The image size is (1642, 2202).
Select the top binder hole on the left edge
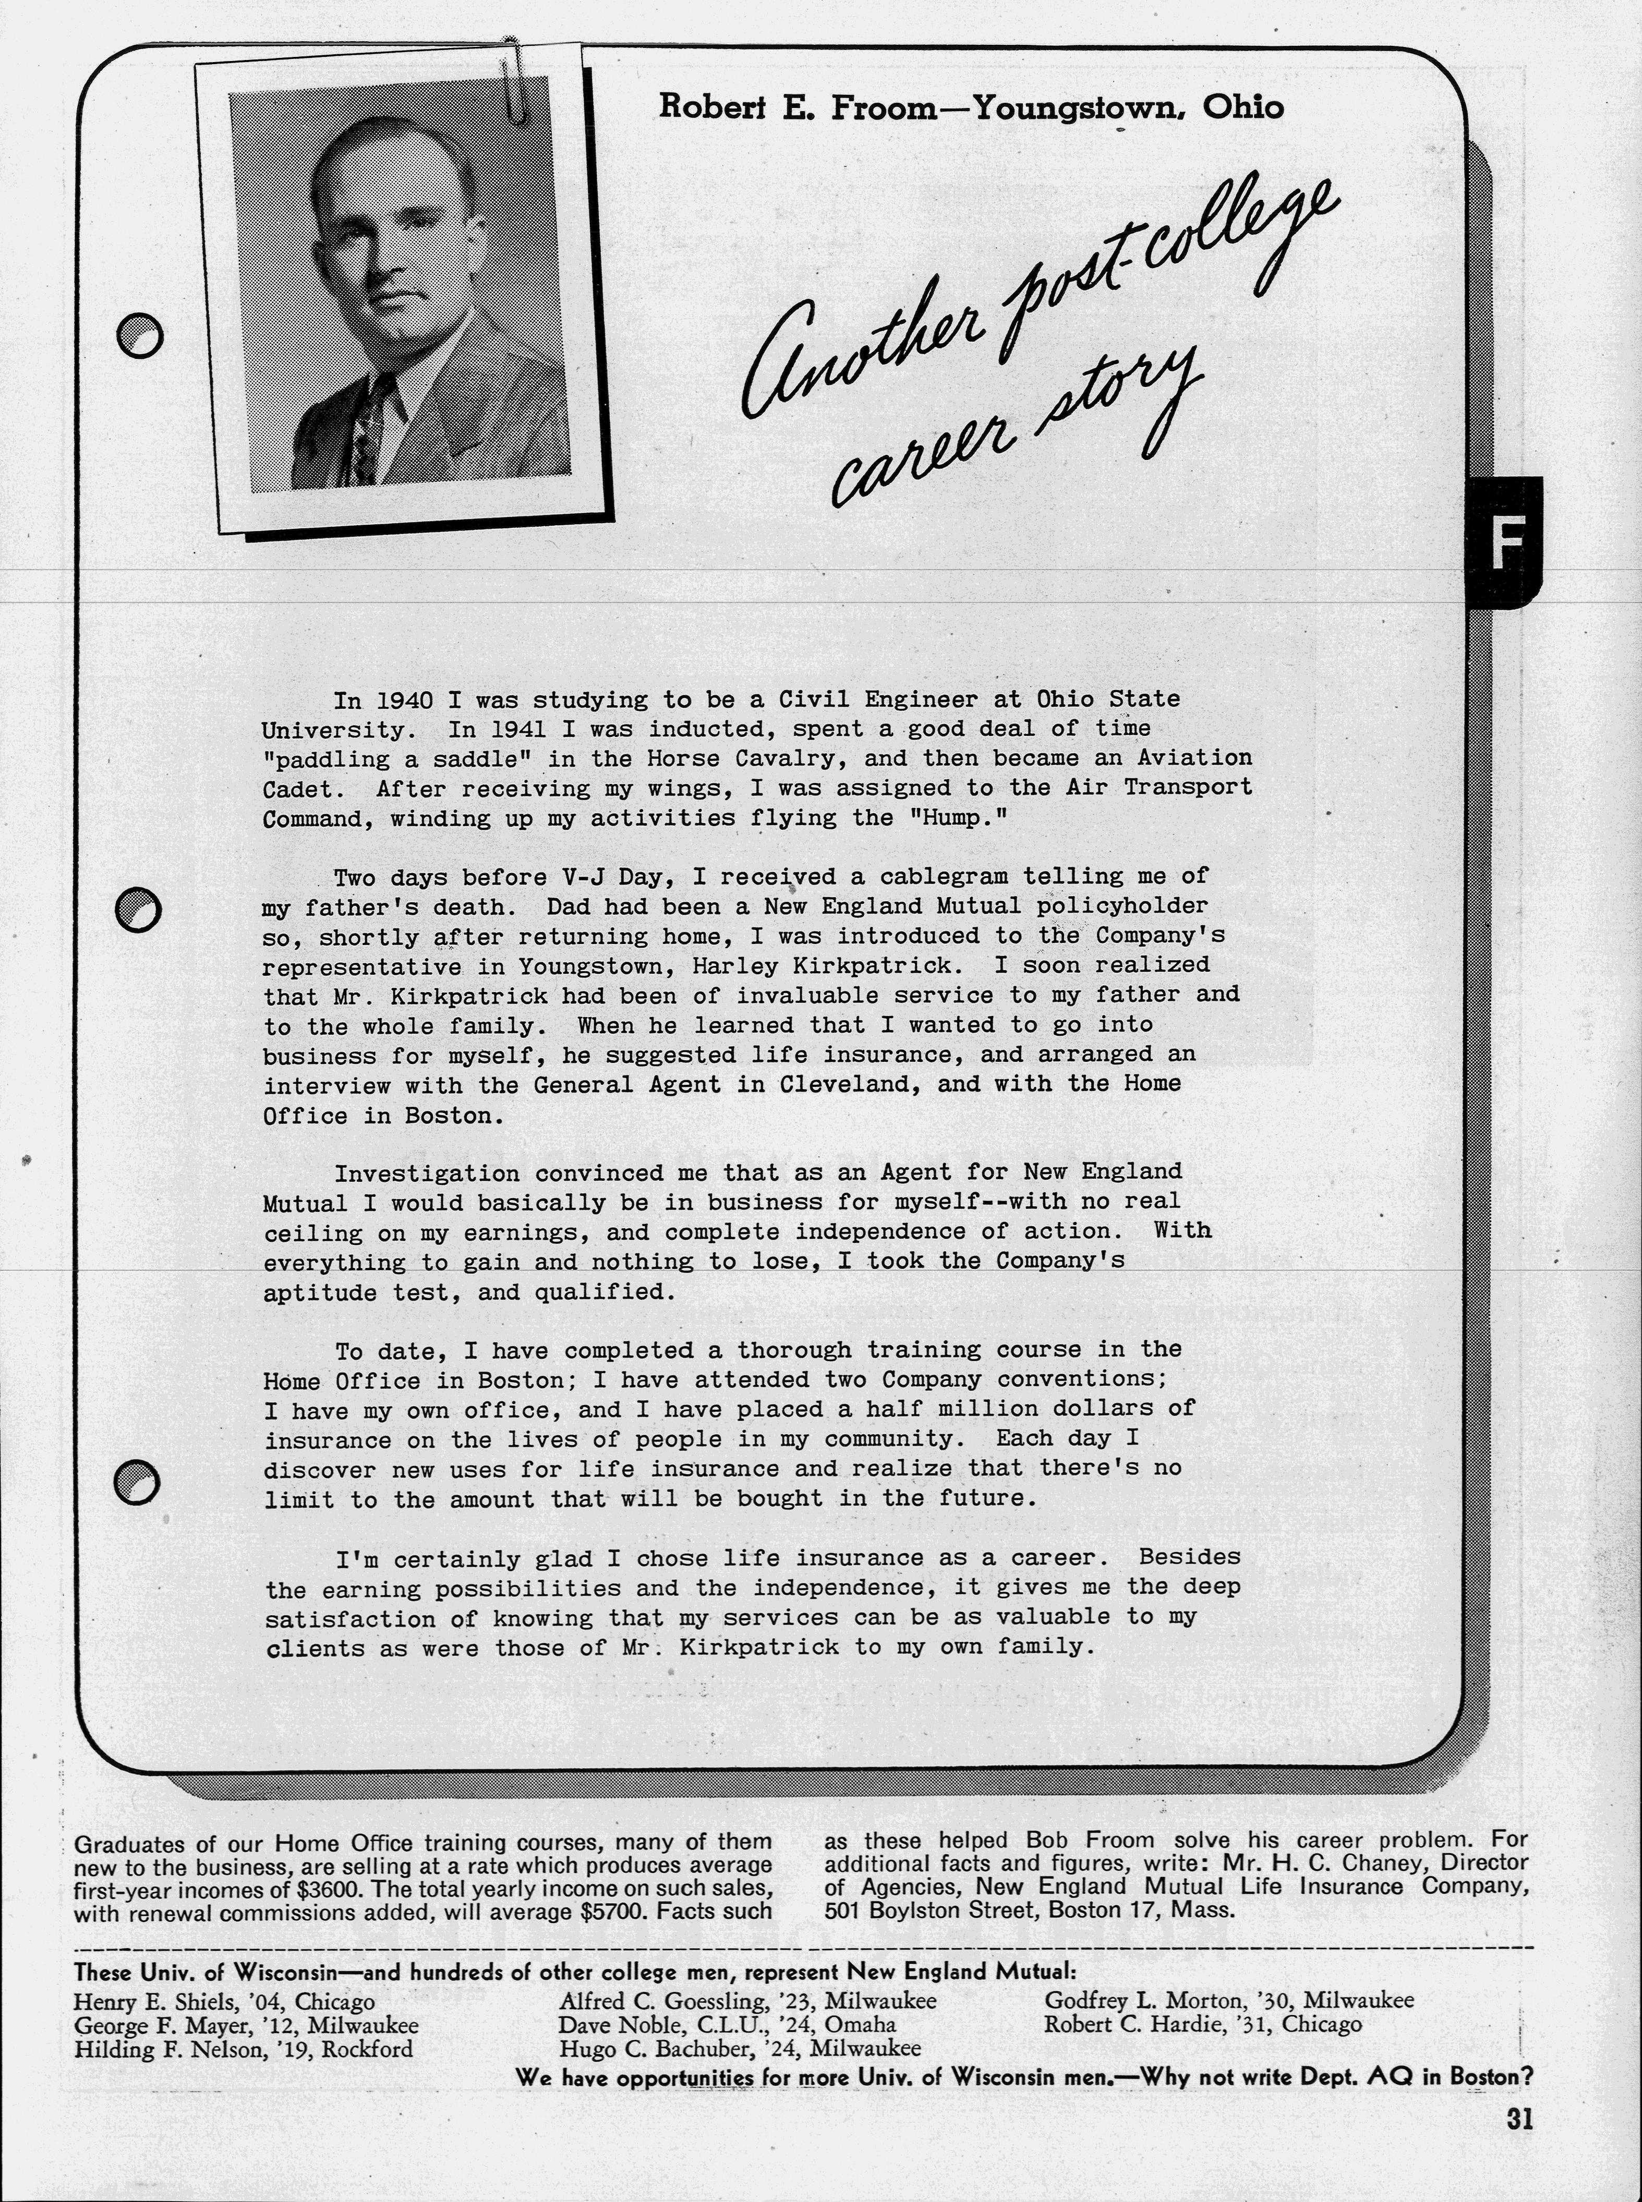click(139, 336)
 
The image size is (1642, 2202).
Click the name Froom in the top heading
click(879, 106)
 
